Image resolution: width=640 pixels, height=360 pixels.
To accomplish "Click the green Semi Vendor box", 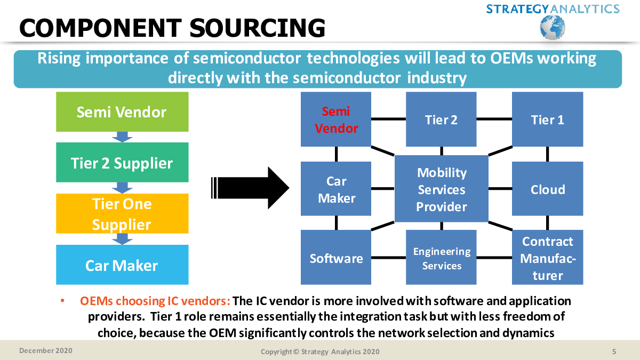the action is coord(122,111).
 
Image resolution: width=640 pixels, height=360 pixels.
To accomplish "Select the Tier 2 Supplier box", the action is coord(122,162).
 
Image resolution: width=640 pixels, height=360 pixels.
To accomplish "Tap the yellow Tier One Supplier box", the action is coord(122,213).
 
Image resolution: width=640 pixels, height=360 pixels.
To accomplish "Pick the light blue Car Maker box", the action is coord(122,265).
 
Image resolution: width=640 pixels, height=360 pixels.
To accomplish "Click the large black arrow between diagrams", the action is coord(250,188).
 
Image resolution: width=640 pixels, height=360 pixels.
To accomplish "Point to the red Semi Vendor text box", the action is coord(336,119).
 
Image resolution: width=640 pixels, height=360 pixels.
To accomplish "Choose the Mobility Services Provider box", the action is coord(442,189).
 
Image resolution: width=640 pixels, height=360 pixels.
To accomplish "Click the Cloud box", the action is coord(547,189).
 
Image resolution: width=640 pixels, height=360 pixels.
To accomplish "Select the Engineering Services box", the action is coord(441,257).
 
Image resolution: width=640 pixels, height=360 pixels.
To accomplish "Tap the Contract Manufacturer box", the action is coord(547,257).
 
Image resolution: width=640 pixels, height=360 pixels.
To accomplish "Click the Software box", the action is coord(336,257).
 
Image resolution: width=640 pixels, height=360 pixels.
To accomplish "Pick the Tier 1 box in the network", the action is coord(547,119).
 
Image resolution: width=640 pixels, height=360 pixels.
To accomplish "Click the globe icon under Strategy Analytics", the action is coord(553,27).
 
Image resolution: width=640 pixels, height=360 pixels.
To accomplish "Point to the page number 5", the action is coord(614,351).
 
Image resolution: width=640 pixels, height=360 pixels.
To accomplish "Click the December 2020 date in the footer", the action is coord(46,350).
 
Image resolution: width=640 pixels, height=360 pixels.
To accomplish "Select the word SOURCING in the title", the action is coord(257,28).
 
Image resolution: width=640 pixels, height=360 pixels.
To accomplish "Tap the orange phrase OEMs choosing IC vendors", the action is coord(155,301).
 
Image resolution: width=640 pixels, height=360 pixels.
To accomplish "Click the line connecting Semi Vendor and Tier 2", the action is coord(389,119).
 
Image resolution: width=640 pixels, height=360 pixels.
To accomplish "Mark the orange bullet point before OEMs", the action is coord(62,301).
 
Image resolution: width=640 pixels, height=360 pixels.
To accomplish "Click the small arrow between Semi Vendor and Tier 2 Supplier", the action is coord(122,137).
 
